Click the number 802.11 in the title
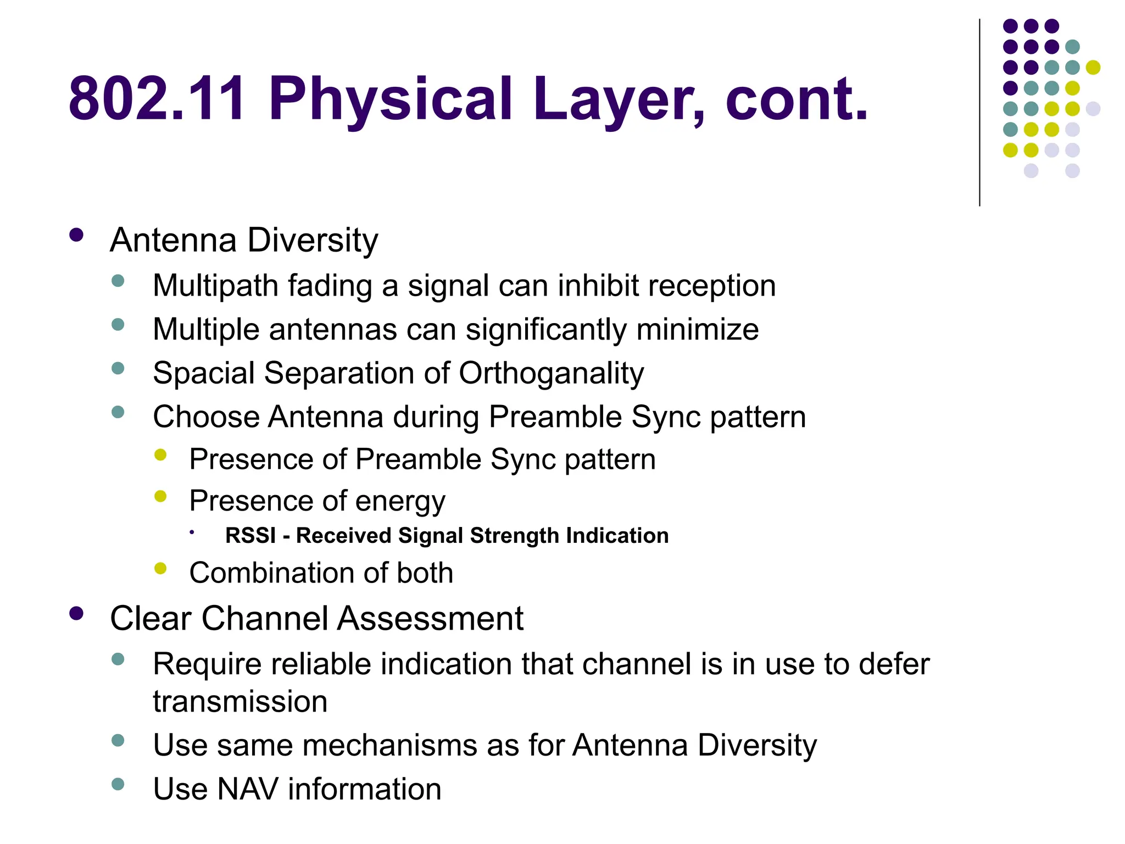pos(157,99)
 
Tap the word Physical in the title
pos(391,99)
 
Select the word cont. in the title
pos(797,99)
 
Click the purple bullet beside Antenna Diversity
pos(76,236)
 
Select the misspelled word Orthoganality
pos(551,374)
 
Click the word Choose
pos(207,417)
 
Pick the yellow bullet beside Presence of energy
pos(160,497)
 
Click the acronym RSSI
pos(250,536)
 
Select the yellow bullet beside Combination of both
pos(160,569)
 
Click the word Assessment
pos(430,619)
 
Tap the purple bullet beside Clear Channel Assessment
pos(76,614)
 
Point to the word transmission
pos(240,702)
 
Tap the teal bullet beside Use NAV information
pos(118,784)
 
